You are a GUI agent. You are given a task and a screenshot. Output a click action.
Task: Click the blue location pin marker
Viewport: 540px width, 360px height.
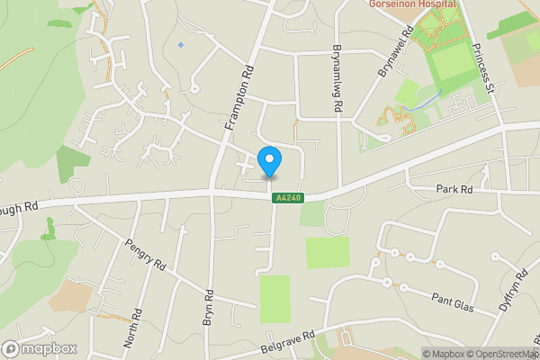pos(269,162)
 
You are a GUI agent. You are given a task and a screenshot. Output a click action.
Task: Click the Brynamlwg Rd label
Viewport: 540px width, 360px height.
pos(338,78)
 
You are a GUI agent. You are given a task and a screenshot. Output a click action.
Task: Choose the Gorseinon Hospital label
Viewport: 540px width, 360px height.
pos(413,4)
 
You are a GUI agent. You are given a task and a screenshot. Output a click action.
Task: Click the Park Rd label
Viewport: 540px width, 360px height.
pos(454,190)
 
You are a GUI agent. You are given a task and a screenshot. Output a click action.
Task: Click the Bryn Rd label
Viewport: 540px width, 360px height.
pos(208,307)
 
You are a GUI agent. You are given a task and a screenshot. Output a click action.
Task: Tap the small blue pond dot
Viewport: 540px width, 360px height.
pos(181,45)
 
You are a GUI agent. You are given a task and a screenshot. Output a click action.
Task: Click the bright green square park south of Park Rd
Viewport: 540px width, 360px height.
pos(327,253)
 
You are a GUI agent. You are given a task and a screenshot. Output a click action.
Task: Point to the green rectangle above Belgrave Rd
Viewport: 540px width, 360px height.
pos(275,298)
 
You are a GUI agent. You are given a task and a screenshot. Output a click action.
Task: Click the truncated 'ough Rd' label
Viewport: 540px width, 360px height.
pos(20,205)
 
